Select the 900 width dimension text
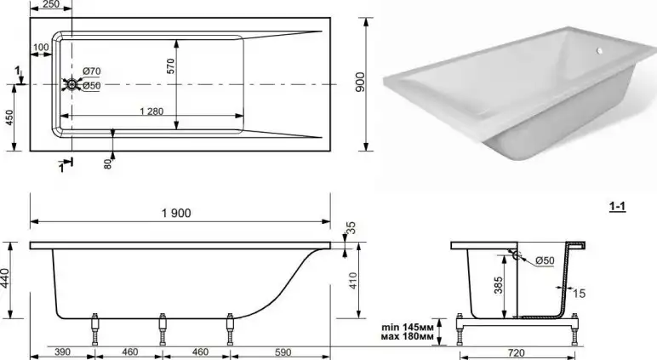click(360, 80)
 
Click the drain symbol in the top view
click(71, 84)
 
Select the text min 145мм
click(407, 326)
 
